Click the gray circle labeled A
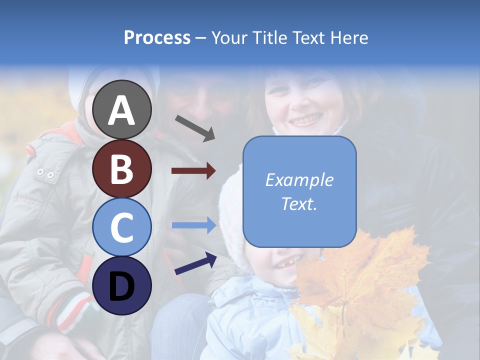(x=122, y=109)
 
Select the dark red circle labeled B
(x=122, y=168)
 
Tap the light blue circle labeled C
(x=122, y=227)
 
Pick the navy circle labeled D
(x=122, y=285)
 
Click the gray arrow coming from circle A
(x=195, y=127)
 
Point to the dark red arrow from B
(x=193, y=171)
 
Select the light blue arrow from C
(x=194, y=225)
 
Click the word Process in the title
(x=157, y=37)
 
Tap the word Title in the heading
(x=270, y=37)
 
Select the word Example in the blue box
(x=299, y=180)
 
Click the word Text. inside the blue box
(x=299, y=204)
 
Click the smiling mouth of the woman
(x=305, y=120)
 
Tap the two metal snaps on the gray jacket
(x=45, y=174)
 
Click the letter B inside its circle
(x=122, y=168)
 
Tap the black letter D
(x=122, y=286)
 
